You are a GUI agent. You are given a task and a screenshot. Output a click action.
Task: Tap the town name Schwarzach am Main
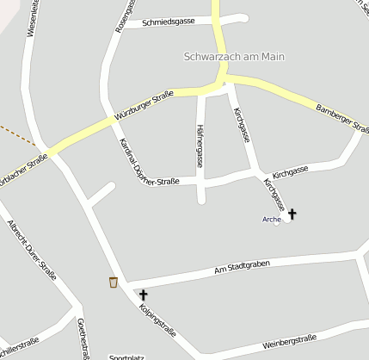click(234, 57)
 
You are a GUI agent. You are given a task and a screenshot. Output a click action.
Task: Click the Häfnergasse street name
click(200, 146)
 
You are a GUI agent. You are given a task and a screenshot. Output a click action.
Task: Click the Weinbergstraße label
click(290, 343)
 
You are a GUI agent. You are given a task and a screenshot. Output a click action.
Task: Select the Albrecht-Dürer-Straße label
click(32, 251)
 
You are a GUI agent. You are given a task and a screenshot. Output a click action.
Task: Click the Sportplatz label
click(126, 357)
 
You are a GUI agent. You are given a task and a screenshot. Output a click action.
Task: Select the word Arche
click(271, 220)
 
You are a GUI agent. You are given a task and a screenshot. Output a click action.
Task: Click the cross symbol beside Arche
click(291, 213)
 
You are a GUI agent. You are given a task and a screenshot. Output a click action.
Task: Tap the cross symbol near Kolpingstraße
click(143, 295)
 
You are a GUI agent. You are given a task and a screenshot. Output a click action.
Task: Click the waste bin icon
click(114, 282)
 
